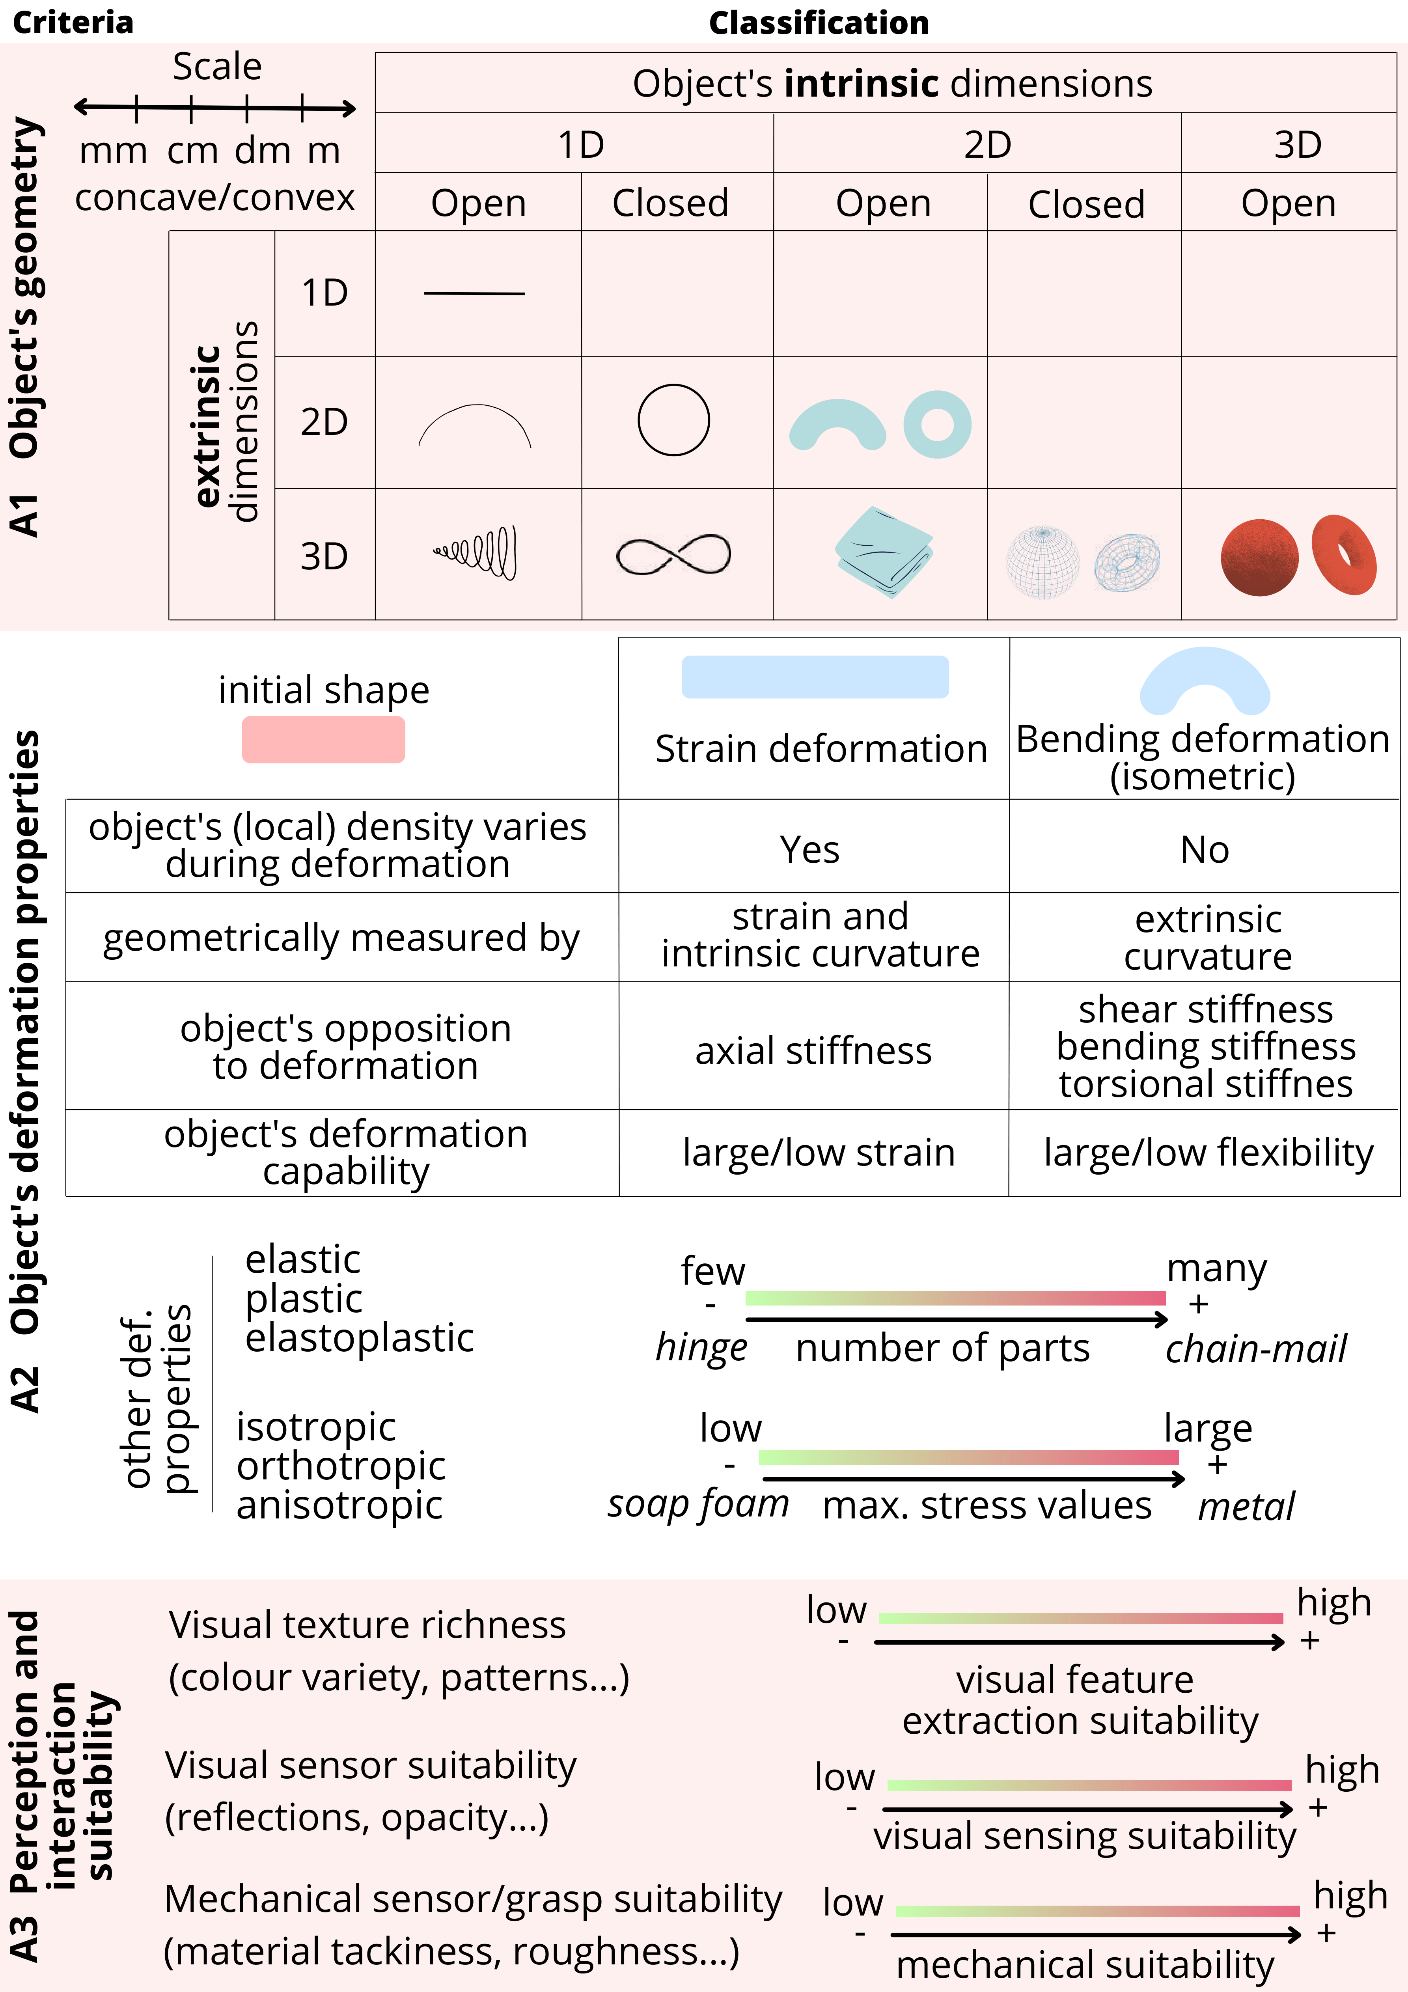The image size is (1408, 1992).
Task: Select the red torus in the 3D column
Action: (1344, 555)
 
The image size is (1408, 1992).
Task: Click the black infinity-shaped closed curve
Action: (673, 555)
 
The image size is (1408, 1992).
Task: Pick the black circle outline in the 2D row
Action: (673, 420)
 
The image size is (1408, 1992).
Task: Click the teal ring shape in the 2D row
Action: (937, 424)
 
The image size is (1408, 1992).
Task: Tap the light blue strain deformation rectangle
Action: (815, 677)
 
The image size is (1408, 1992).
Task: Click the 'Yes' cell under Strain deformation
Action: (809, 849)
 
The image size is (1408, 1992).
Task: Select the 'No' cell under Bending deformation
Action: (1204, 849)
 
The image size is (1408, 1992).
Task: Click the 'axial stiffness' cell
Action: (813, 1051)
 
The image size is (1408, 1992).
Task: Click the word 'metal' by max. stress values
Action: (1246, 1506)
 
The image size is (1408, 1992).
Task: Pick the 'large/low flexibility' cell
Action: (1208, 1152)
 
